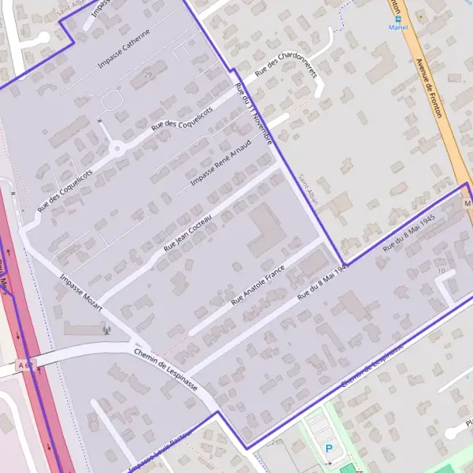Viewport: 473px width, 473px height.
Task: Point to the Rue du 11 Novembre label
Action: pos(253,114)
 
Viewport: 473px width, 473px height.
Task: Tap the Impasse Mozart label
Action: pos(81,291)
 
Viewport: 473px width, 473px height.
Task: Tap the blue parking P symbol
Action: pos(329,449)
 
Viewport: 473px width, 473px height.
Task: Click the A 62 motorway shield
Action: pos(26,366)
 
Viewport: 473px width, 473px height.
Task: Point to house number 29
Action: pos(147,74)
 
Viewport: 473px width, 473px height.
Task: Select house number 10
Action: pos(441,271)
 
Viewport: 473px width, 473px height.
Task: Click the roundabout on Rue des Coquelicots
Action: pos(117,147)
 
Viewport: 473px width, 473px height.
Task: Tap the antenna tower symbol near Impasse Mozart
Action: pos(106,329)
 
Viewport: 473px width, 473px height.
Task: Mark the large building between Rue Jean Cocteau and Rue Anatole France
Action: pos(264,230)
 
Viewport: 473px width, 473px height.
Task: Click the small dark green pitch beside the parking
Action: pos(347,469)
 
